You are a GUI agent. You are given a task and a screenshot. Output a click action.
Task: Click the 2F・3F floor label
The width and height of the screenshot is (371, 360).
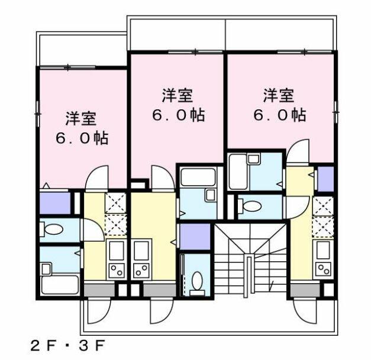(67, 346)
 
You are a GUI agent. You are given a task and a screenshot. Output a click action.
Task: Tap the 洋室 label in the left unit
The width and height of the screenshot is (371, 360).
(81, 118)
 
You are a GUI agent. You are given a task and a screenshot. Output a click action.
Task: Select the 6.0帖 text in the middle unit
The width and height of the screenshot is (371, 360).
(178, 115)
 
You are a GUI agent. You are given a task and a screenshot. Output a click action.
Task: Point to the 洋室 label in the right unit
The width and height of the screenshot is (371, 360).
(279, 96)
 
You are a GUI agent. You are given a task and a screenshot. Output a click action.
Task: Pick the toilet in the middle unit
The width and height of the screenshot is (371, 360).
(197, 283)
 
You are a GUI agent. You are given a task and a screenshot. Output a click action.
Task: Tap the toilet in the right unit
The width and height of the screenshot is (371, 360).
(250, 206)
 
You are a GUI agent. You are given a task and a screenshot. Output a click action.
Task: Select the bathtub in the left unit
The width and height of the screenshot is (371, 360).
(60, 284)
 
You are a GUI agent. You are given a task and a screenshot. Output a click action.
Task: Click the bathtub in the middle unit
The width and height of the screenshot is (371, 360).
(198, 177)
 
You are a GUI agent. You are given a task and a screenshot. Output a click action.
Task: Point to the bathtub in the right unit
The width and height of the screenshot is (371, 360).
(238, 171)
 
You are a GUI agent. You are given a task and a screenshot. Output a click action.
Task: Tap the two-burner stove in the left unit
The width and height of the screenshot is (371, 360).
(117, 270)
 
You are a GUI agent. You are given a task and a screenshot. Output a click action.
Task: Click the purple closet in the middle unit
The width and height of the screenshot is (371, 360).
(195, 236)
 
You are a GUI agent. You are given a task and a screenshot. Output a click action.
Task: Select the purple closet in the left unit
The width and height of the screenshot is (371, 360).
(56, 203)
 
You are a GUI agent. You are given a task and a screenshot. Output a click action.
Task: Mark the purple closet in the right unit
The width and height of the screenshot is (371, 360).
(325, 179)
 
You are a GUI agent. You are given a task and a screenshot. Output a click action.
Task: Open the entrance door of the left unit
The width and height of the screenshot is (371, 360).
(99, 311)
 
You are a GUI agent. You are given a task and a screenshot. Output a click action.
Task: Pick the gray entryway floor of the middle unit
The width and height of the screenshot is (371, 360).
(160, 290)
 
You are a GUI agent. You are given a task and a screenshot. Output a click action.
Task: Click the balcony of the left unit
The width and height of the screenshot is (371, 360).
(82, 50)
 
